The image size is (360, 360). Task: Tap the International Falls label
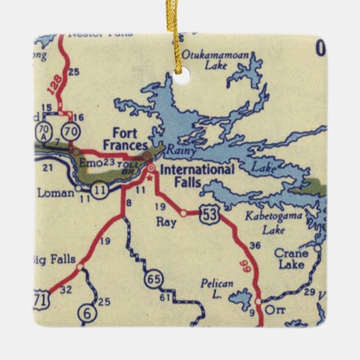197,174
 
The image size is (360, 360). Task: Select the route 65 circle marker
153,278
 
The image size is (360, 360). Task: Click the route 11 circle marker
100,190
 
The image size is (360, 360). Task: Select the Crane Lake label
291,258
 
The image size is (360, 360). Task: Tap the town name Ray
166,222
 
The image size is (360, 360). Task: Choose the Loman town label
56,193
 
